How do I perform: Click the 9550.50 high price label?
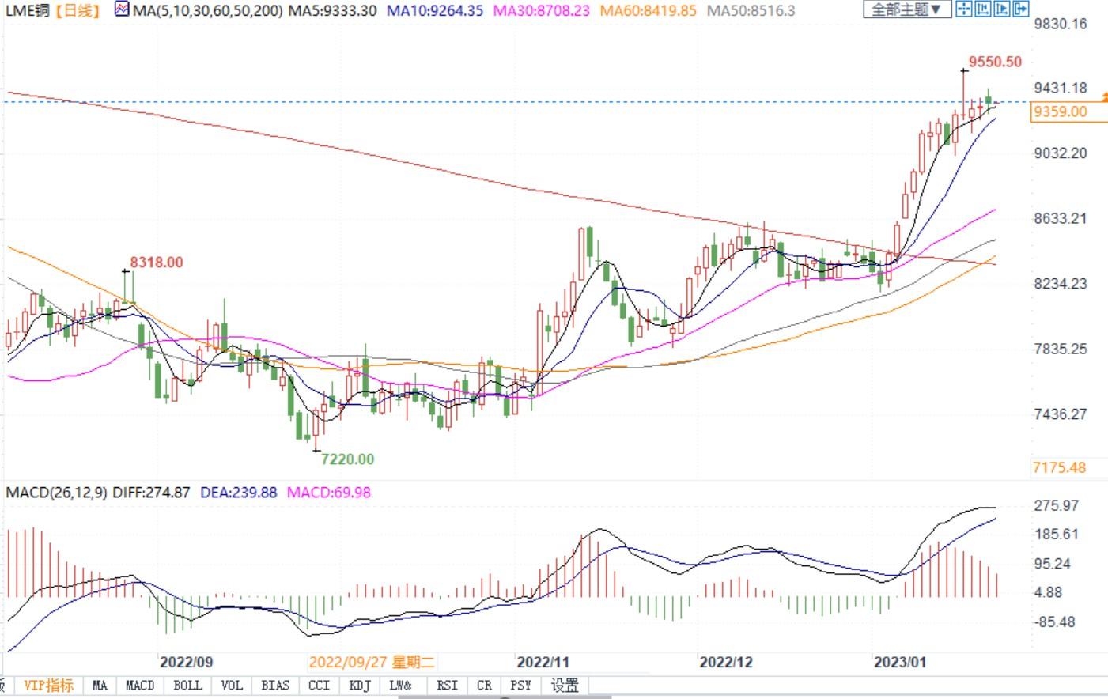point(995,62)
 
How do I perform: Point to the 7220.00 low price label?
point(349,459)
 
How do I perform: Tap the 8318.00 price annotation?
point(157,263)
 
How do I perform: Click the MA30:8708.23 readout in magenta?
point(541,10)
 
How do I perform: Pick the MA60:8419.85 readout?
point(649,10)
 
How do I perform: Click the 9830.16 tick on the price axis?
point(1060,24)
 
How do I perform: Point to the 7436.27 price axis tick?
point(1060,414)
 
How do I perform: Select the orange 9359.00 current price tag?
point(1060,111)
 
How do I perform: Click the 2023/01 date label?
point(899,662)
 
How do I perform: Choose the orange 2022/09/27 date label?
point(371,662)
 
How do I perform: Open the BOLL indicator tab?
point(187,686)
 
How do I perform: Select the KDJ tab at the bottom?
point(360,686)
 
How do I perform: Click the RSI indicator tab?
point(447,686)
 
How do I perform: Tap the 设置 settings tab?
point(565,686)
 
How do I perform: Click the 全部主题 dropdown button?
point(906,9)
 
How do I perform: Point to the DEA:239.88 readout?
point(238,493)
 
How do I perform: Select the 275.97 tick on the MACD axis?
point(1056,505)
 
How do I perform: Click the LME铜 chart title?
point(28,10)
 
